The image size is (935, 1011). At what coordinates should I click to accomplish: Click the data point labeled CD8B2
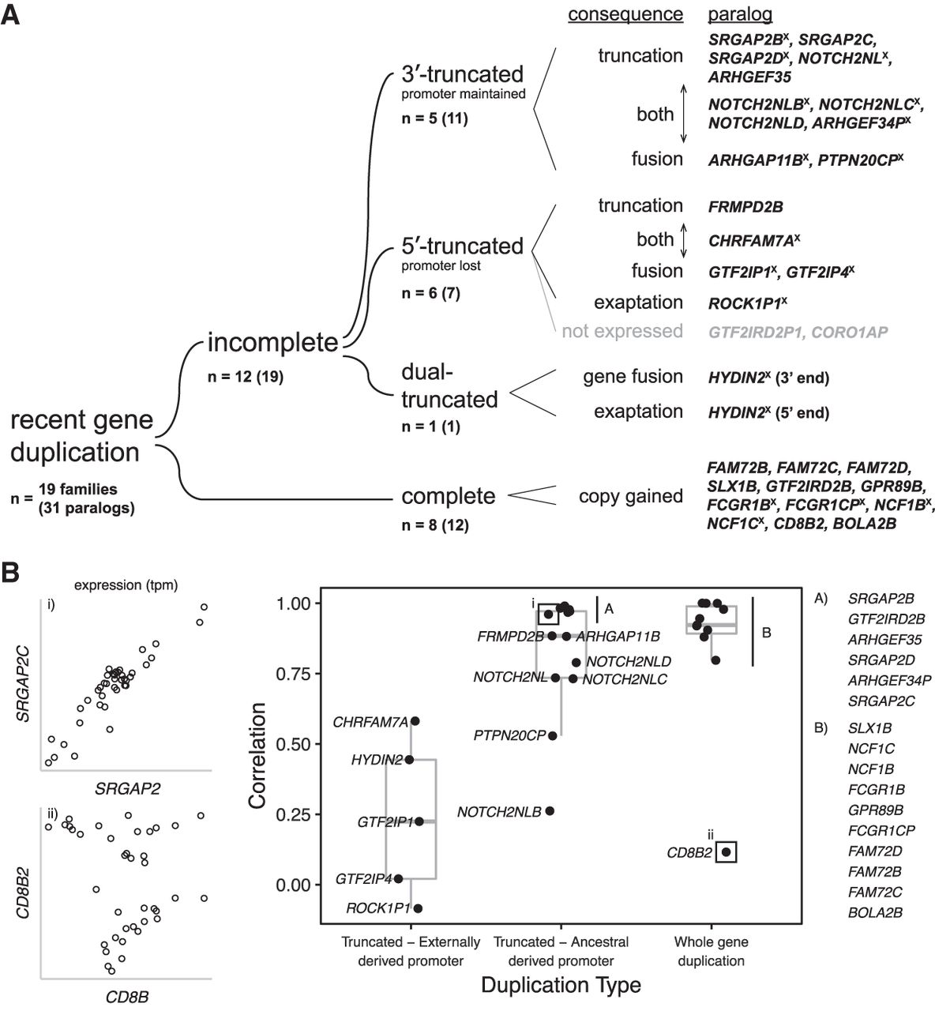727,851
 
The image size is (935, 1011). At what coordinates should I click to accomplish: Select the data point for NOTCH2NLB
550,811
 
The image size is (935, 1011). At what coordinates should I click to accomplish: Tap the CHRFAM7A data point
415,721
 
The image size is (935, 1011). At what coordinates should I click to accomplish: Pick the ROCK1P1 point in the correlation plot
418,908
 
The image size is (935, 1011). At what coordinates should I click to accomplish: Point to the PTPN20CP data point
553,735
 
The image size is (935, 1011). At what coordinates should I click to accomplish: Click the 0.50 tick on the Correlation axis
294,744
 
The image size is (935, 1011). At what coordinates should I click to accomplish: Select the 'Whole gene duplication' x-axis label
711,951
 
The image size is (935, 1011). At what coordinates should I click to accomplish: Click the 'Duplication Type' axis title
561,985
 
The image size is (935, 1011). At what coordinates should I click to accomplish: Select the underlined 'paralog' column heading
740,14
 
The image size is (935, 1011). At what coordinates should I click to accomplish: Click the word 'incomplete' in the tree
272,342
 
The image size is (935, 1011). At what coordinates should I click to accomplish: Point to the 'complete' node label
449,496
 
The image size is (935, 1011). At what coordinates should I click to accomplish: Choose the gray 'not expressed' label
622,331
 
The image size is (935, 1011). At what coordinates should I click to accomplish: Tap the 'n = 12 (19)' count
245,377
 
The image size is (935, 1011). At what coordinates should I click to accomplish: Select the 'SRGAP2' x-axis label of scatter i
127,787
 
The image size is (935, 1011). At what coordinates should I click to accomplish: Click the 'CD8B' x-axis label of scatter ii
127,996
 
